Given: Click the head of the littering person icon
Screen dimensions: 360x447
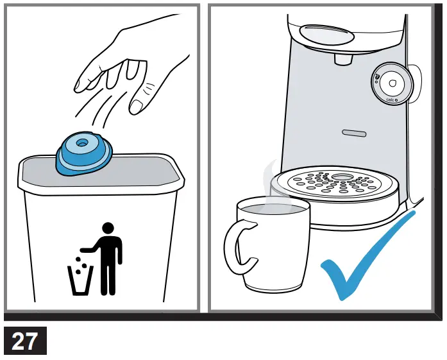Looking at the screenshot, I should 108,228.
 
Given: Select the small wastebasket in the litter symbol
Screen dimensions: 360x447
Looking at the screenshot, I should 80,280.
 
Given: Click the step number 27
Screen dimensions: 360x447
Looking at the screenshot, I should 25,340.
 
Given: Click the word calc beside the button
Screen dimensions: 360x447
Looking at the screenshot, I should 389,100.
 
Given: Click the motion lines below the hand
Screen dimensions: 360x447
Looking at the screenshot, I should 96,112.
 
